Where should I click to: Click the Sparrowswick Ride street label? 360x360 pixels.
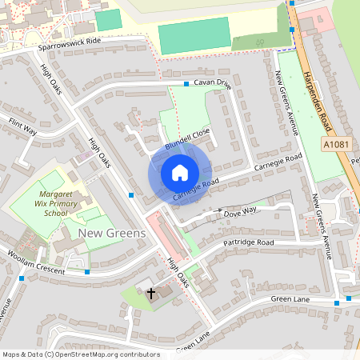[70, 44]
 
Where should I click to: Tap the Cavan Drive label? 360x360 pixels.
[211, 84]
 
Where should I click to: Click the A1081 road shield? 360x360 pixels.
[336, 143]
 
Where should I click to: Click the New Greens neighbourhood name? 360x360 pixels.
[112, 233]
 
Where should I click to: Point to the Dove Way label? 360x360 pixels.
[240, 211]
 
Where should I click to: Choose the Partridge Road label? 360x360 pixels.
[248, 242]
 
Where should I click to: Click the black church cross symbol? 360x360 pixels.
[150, 294]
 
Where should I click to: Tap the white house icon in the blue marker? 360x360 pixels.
[179, 173]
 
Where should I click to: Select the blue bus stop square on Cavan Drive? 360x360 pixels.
[186, 83]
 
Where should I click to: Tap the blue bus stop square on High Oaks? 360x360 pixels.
[131, 194]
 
